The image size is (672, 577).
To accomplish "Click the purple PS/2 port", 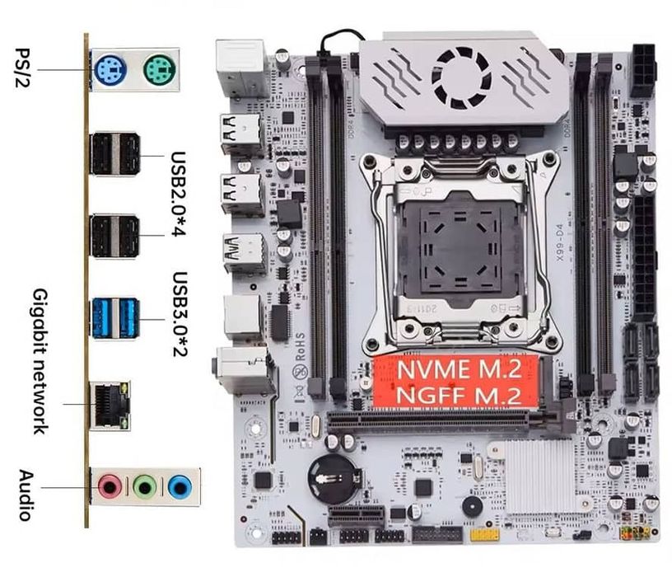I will [x=109, y=71].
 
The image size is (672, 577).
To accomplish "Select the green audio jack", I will [x=145, y=487].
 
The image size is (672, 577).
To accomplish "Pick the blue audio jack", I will [x=179, y=487].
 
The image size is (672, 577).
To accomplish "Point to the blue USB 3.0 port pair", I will [x=114, y=318].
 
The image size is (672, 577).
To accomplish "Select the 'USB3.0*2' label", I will [x=180, y=317].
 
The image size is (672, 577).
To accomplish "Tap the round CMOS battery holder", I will [x=332, y=479].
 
